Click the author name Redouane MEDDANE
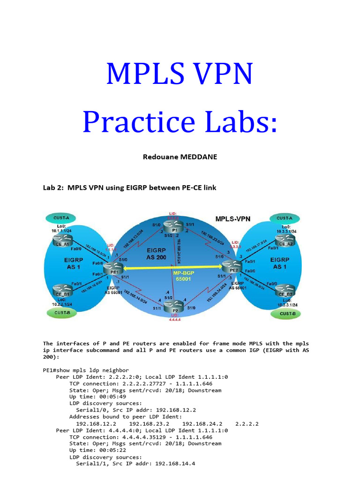[x=180, y=157]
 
